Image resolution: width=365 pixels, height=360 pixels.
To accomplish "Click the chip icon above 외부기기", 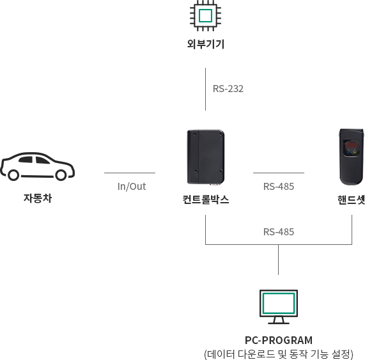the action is (x=205, y=15).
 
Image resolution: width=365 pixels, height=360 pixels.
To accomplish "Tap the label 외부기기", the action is (x=206, y=43).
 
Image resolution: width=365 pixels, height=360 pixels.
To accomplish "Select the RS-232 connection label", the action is (x=228, y=89).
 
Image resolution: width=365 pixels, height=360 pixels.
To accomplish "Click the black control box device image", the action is (x=206, y=157).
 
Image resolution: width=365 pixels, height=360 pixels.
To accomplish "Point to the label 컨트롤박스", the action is (x=206, y=200).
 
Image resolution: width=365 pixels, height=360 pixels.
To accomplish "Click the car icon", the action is (x=37, y=166).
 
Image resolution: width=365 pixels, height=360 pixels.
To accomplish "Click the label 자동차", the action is (x=38, y=198).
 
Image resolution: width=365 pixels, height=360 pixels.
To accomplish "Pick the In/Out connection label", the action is (x=132, y=187).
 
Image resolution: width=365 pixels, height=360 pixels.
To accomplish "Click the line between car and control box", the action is (x=130, y=173).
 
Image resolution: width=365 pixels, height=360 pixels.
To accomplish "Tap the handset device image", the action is (x=352, y=157).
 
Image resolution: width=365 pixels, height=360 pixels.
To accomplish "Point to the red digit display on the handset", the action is (x=352, y=145).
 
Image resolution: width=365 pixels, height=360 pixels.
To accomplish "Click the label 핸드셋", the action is (x=351, y=200).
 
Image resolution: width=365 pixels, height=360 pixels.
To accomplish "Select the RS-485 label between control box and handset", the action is (x=279, y=187).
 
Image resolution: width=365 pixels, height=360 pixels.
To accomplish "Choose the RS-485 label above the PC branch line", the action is (x=279, y=232).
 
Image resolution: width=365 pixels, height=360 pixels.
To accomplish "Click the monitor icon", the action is (x=279, y=307).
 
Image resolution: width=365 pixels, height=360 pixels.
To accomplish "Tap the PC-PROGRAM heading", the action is (x=279, y=340).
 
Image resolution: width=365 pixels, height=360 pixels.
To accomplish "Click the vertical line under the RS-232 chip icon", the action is (x=205, y=89).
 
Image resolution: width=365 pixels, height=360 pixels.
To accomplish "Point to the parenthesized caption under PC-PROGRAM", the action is (x=279, y=354).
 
